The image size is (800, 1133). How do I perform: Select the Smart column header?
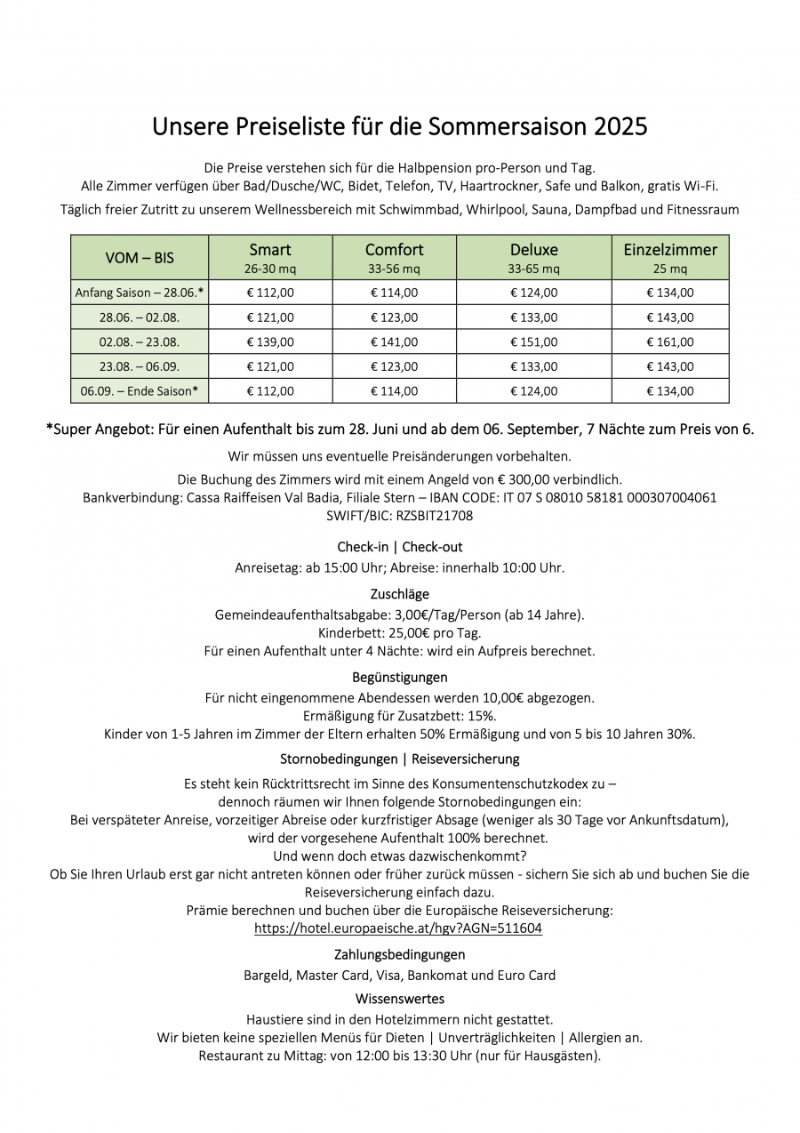click(x=269, y=250)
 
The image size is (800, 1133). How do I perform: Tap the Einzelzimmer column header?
click(x=669, y=250)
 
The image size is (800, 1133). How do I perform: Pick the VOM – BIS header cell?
click(x=140, y=258)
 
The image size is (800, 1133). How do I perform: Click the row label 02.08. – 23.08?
click(x=140, y=342)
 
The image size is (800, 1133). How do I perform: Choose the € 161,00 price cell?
click(x=669, y=342)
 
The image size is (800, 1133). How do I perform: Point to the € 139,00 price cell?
click(x=269, y=342)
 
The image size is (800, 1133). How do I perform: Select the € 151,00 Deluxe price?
click(x=533, y=342)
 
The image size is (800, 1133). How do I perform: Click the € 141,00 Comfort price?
click(x=394, y=342)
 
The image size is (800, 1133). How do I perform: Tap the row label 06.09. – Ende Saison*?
click(x=140, y=390)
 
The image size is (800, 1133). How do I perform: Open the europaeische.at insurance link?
click(x=398, y=928)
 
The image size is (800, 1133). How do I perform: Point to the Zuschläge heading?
click(x=400, y=594)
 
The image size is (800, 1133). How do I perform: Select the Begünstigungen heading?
click(x=400, y=678)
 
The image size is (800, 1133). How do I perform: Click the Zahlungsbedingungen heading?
click(x=400, y=954)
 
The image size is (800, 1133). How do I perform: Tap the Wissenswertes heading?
click(x=400, y=999)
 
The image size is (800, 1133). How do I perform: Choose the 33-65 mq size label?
click(x=533, y=269)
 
